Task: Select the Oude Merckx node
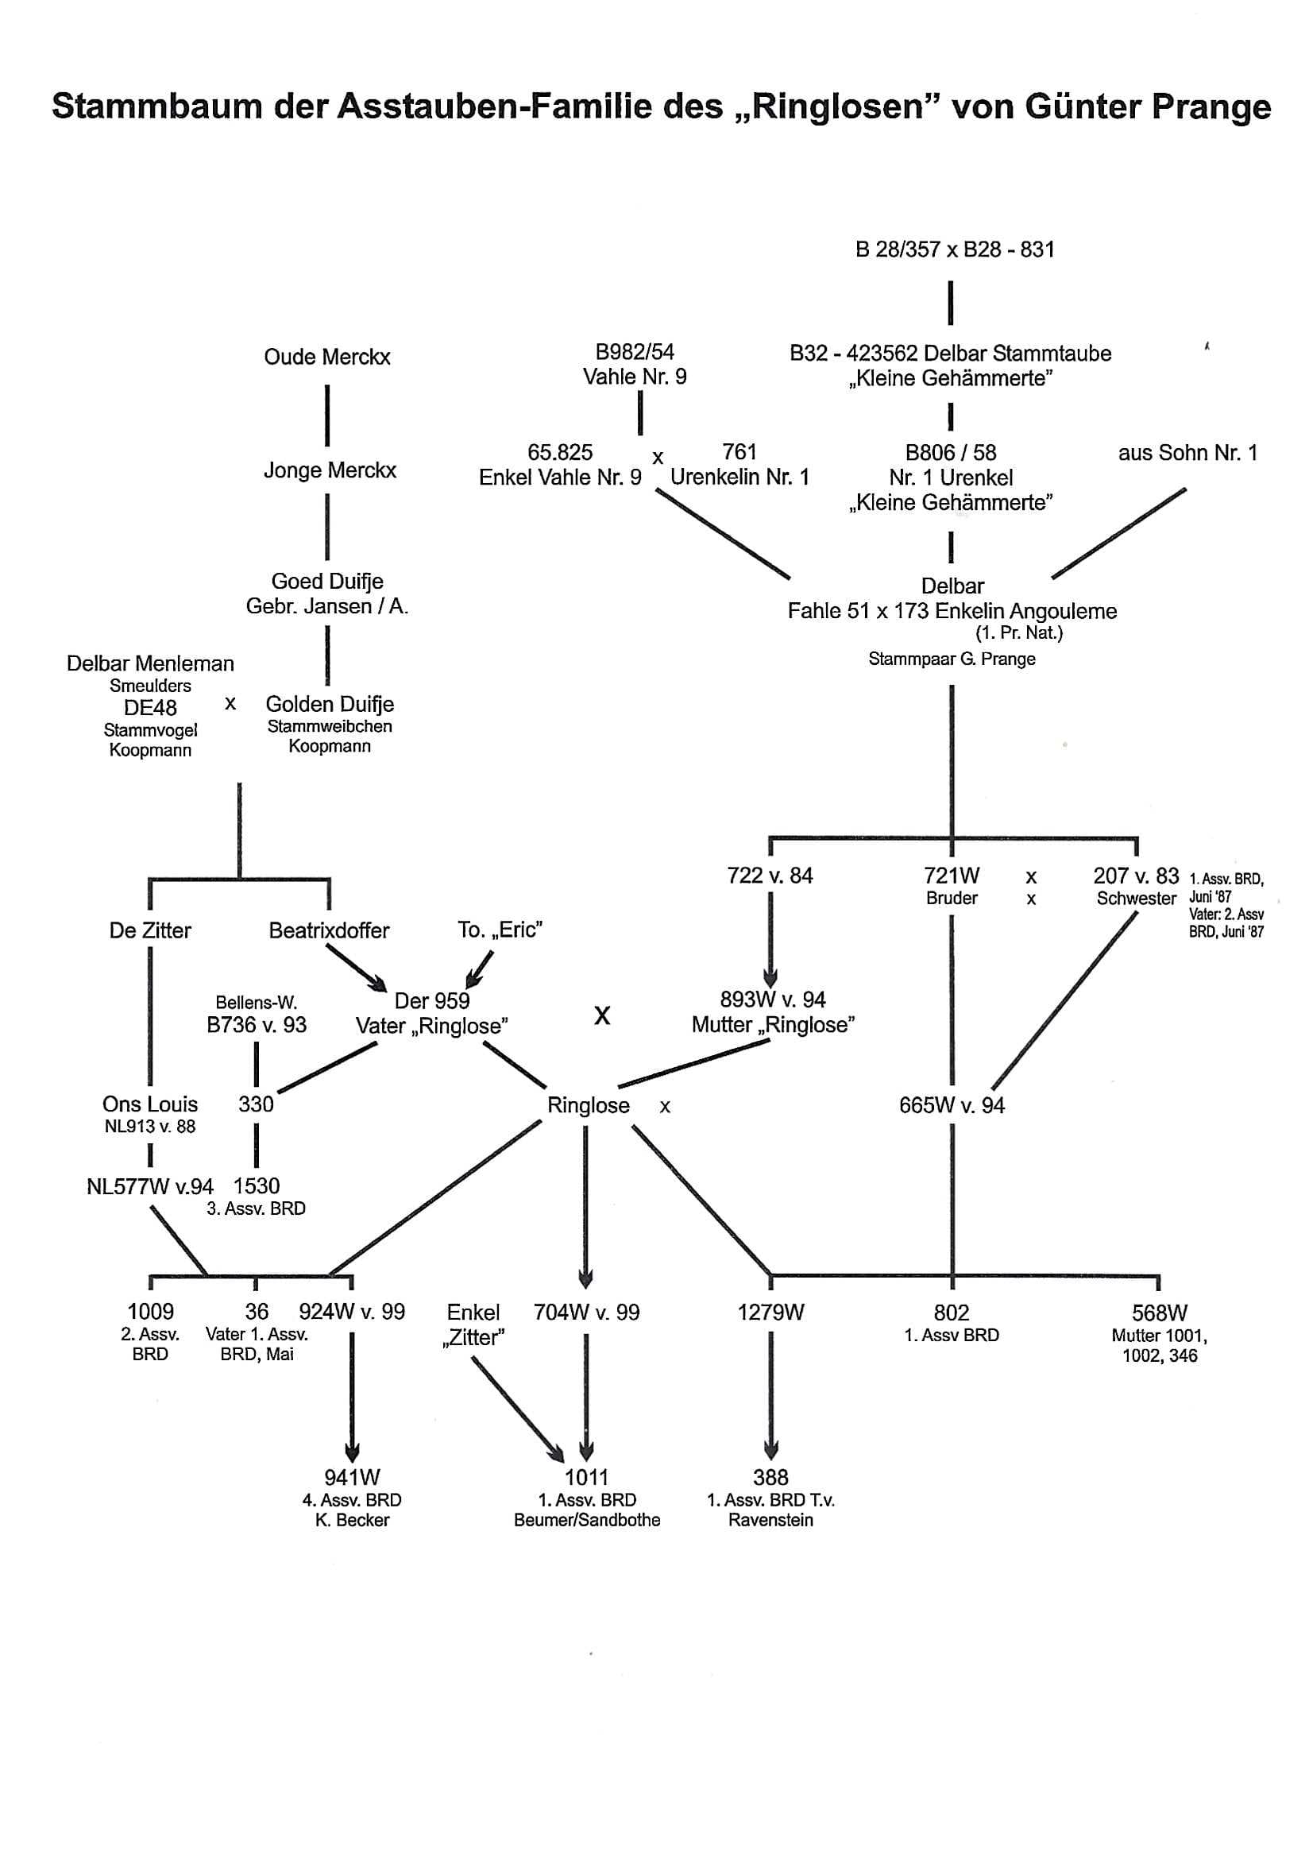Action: click(x=326, y=358)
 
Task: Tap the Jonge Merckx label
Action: click(x=330, y=470)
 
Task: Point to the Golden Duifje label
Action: click(x=330, y=704)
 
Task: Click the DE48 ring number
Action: click(x=150, y=707)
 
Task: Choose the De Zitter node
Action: click(x=150, y=930)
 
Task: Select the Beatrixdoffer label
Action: click(x=329, y=930)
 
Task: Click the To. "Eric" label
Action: click(x=500, y=930)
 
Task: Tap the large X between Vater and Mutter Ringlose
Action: click(x=602, y=1015)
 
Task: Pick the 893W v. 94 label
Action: click(x=773, y=1000)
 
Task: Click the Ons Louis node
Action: click(x=150, y=1104)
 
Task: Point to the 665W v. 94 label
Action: click(x=952, y=1105)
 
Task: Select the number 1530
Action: click(x=256, y=1186)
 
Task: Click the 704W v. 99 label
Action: click(x=586, y=1312)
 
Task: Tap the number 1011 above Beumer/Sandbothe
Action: click(x=586, y=1478)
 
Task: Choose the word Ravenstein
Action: click(x=770, y=1520)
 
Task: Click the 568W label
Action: click(x=1159, y=1313)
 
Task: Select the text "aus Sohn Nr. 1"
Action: click(x=1187, y=453)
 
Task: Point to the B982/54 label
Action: click(x=635, y=352)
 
